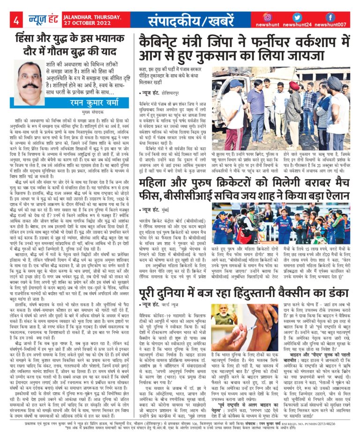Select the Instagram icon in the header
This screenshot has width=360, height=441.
(268, 16)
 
